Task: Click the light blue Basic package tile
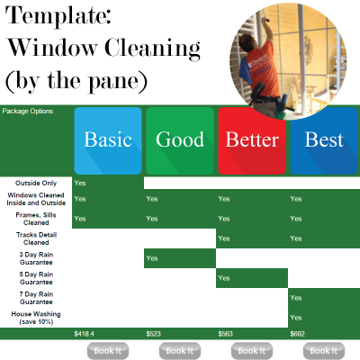[x=108, y=140]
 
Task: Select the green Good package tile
[x=180, y=140]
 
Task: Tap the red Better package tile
[x=252, y=140]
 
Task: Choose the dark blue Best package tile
[x=324, y=140]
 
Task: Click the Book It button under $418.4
[x=108, y=351]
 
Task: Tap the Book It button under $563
[x=252, y=351]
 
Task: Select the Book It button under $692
[x=324, y=351]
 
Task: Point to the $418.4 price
[x=85, y=334]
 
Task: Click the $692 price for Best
[x=297, y=334]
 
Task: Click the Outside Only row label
[x=36, y=183]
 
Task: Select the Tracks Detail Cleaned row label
[x=36, y=238]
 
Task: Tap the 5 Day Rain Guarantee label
[x=36, y=278]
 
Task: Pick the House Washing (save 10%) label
[x=36, y=318]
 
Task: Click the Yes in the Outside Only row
[x=80, y=183]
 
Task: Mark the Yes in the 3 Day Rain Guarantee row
[x=152, y=258]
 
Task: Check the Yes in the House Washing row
[x=296, y=318]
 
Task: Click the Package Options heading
[x=28, y=112]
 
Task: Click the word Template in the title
[x=58, y=15]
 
